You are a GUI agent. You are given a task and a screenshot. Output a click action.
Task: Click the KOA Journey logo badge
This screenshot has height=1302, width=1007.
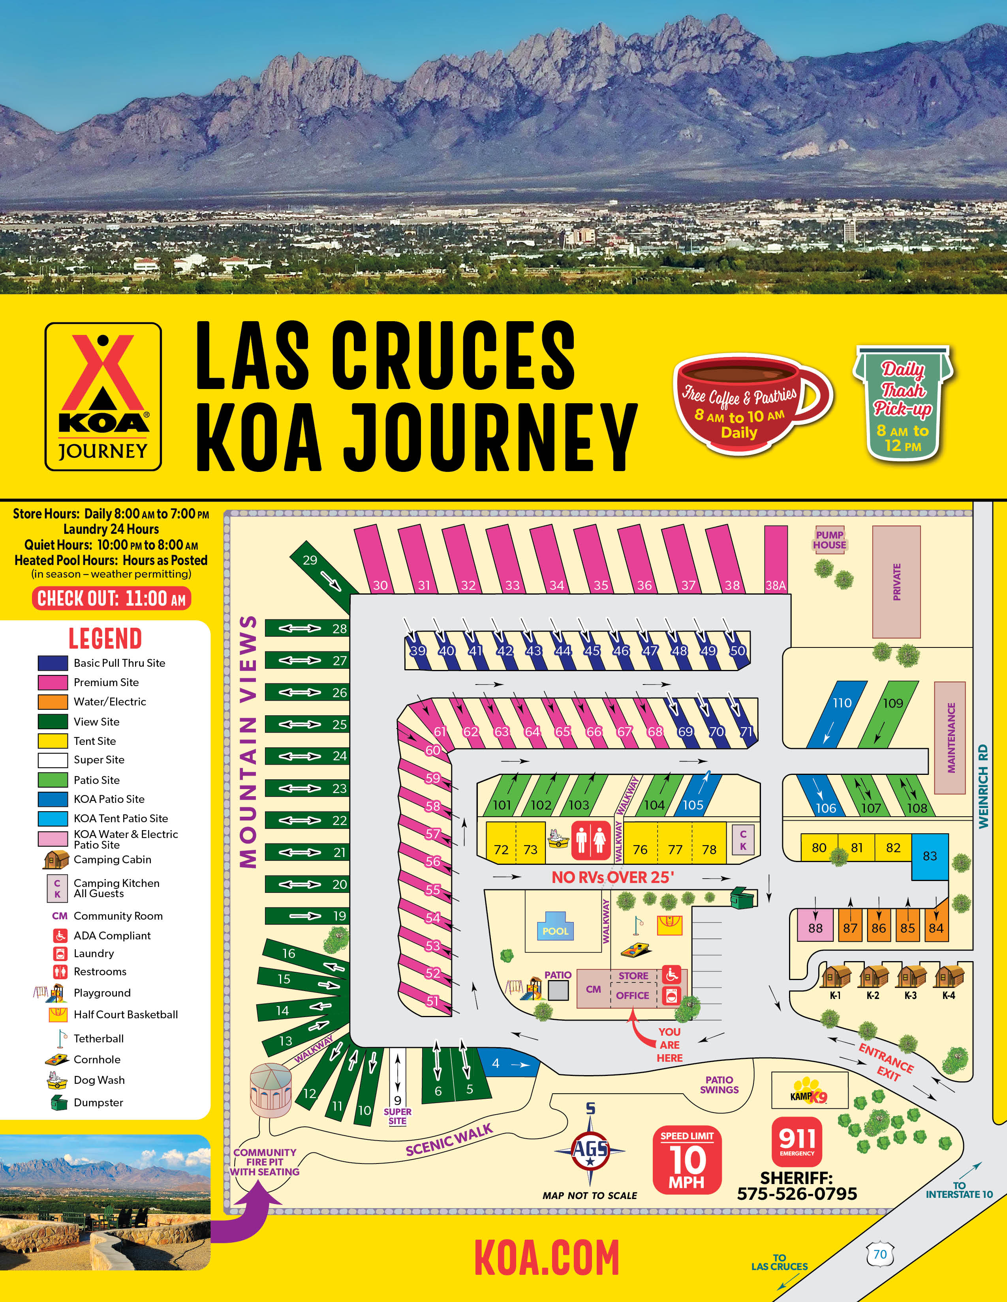click(x=103, y=397)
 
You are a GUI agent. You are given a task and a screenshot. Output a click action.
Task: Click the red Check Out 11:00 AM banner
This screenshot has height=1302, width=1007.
click(x=111, y=599)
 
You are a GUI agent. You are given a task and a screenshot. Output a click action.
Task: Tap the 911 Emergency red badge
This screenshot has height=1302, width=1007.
click(x=797, y=1142)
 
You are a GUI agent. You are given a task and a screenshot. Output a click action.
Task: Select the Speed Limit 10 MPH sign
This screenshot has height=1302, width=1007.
click(x=687, y=1160)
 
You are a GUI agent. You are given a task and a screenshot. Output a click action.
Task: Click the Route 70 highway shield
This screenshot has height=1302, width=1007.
click(x=879, y=1254)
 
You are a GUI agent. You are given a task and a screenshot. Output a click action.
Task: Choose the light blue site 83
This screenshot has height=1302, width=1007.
click(x=930, y=856)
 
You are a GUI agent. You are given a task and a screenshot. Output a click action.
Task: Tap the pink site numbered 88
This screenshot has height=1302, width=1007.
click(x=815, y=925)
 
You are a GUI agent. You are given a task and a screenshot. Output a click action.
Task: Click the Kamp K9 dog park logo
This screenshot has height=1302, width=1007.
click(x=809, y=1091)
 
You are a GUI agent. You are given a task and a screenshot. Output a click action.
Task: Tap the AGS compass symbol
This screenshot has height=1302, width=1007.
click(x=590, y=1149)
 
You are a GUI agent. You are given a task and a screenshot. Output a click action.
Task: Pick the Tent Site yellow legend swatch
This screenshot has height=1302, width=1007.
click(x=53, y=741)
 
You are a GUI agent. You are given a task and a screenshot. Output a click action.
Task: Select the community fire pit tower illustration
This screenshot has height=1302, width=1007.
click(x=271, y=1091)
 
